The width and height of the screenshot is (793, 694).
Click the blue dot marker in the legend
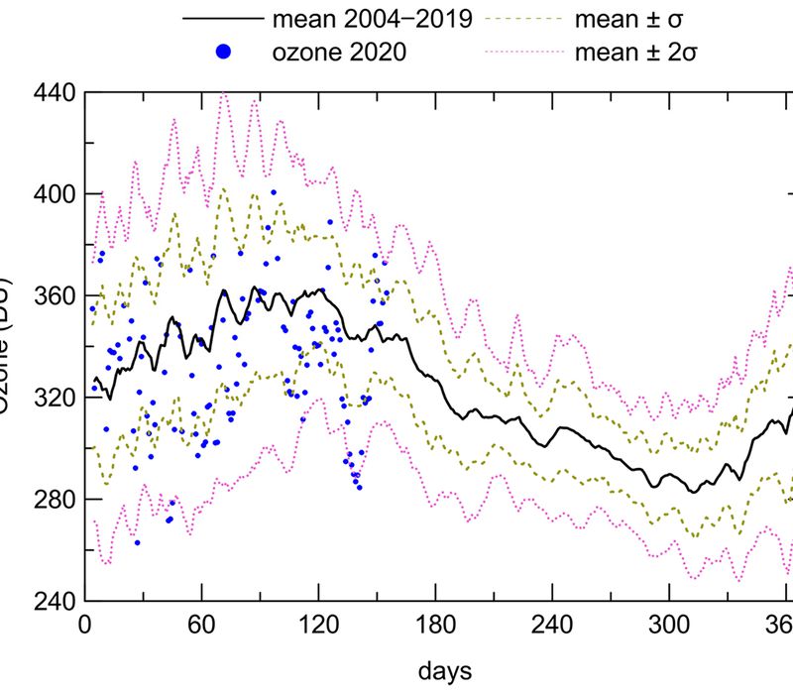point(223,53)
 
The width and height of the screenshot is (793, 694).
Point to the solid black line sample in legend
point(223,19)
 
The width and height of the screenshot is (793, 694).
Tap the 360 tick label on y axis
point(54,295)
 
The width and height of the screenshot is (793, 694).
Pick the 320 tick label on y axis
point(54,398)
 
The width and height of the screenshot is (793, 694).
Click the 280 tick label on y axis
point(54,500)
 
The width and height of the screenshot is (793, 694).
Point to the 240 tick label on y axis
point(54,602)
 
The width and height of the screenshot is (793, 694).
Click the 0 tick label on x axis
point(85,628)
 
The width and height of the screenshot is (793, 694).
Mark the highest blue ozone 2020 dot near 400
point(273,192)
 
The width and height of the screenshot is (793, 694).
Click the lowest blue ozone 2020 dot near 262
point(137,542)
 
